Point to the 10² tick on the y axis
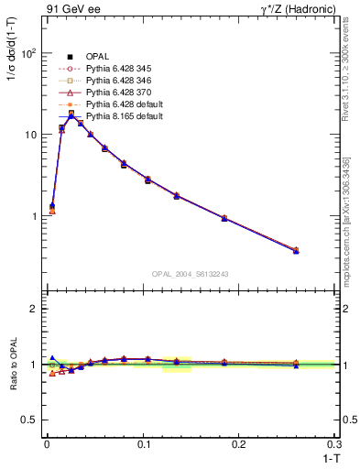28,53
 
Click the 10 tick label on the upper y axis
30,135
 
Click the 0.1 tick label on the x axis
142,443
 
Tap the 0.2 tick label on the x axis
238,443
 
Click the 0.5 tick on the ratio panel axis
29,420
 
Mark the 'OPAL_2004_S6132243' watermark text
190,273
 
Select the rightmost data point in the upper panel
296,250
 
